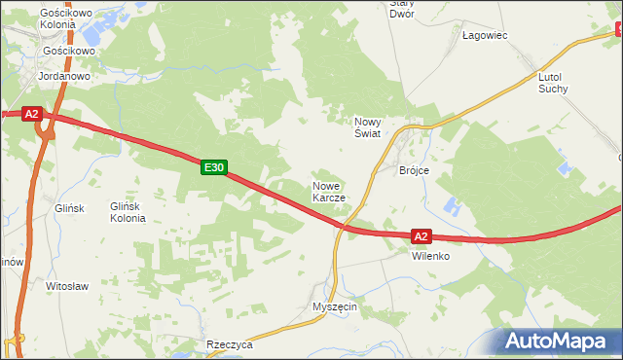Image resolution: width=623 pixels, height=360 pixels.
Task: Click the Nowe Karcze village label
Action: point(329,191)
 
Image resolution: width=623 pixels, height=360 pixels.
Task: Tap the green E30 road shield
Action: point(215,168)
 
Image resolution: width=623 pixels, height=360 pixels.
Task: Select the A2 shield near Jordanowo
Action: point(31,114)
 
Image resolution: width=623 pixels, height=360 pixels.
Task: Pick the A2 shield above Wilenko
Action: point(421,235)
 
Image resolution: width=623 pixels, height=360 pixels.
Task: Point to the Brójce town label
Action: point(415,170)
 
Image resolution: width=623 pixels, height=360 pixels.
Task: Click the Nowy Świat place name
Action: point(368,127)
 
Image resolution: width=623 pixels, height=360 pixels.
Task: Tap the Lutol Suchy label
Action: point(553,82)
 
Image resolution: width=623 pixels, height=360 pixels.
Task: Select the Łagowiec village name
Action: point(484,35)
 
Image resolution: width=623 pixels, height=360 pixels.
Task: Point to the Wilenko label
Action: point(429,256)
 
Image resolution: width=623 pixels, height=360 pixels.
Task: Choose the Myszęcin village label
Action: point(335,306)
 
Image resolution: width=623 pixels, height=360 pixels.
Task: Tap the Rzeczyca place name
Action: point(230,345)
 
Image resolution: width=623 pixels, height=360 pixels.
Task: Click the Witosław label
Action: point(68,287)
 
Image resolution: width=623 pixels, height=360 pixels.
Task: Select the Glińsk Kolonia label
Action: point(128,212)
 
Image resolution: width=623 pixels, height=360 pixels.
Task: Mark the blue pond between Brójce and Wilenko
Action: point(451,207)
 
